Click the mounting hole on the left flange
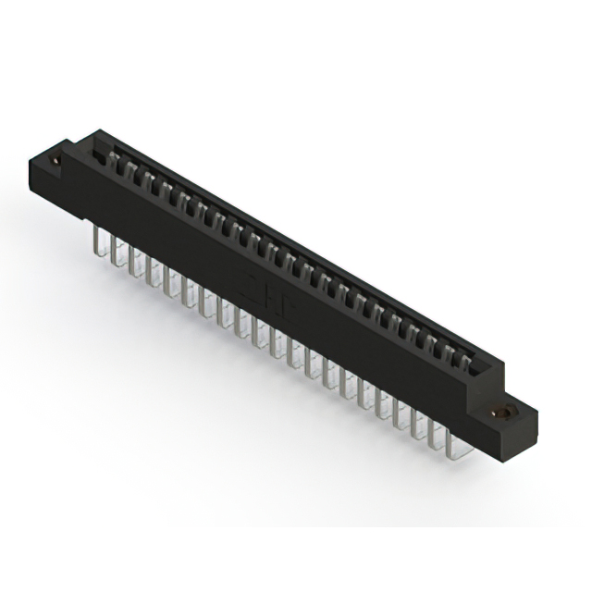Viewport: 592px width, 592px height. point(57,161)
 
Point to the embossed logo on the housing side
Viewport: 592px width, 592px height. point(255,282)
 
